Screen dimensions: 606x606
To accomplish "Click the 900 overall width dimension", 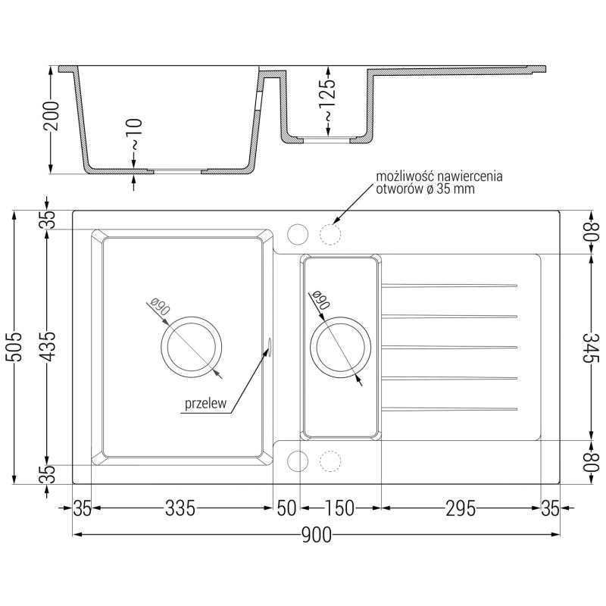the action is coord(316,536).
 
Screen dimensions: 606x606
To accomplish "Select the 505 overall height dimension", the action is coord(14,346).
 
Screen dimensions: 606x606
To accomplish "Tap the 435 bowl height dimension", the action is coord(48,346).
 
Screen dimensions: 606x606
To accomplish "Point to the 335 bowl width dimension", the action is coord(180,508).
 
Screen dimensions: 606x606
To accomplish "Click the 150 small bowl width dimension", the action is coord(339,508).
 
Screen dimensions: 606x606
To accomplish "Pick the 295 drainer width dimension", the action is coord(461,508).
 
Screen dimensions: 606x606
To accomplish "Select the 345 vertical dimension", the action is coord(591,348).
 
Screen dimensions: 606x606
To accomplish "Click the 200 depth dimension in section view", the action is coord(52,116).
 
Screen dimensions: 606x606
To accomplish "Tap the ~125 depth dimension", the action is coord(327,100).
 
